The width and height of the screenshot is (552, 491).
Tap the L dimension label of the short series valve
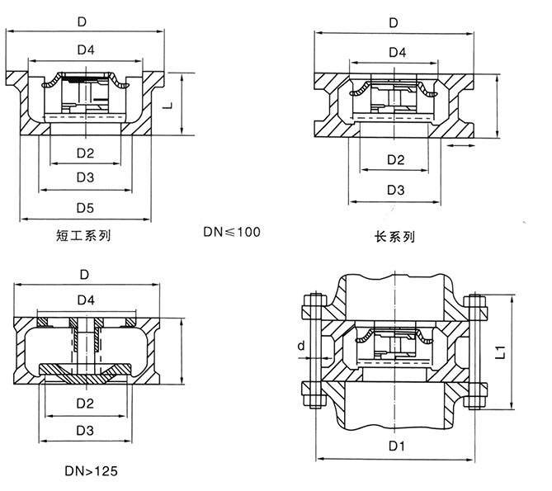[168, 106]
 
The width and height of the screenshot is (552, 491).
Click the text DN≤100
[232, 232]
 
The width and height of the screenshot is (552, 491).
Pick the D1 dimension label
[394, 448]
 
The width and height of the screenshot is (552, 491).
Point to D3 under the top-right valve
[394, 190]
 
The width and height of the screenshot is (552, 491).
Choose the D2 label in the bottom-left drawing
[86, 404]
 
